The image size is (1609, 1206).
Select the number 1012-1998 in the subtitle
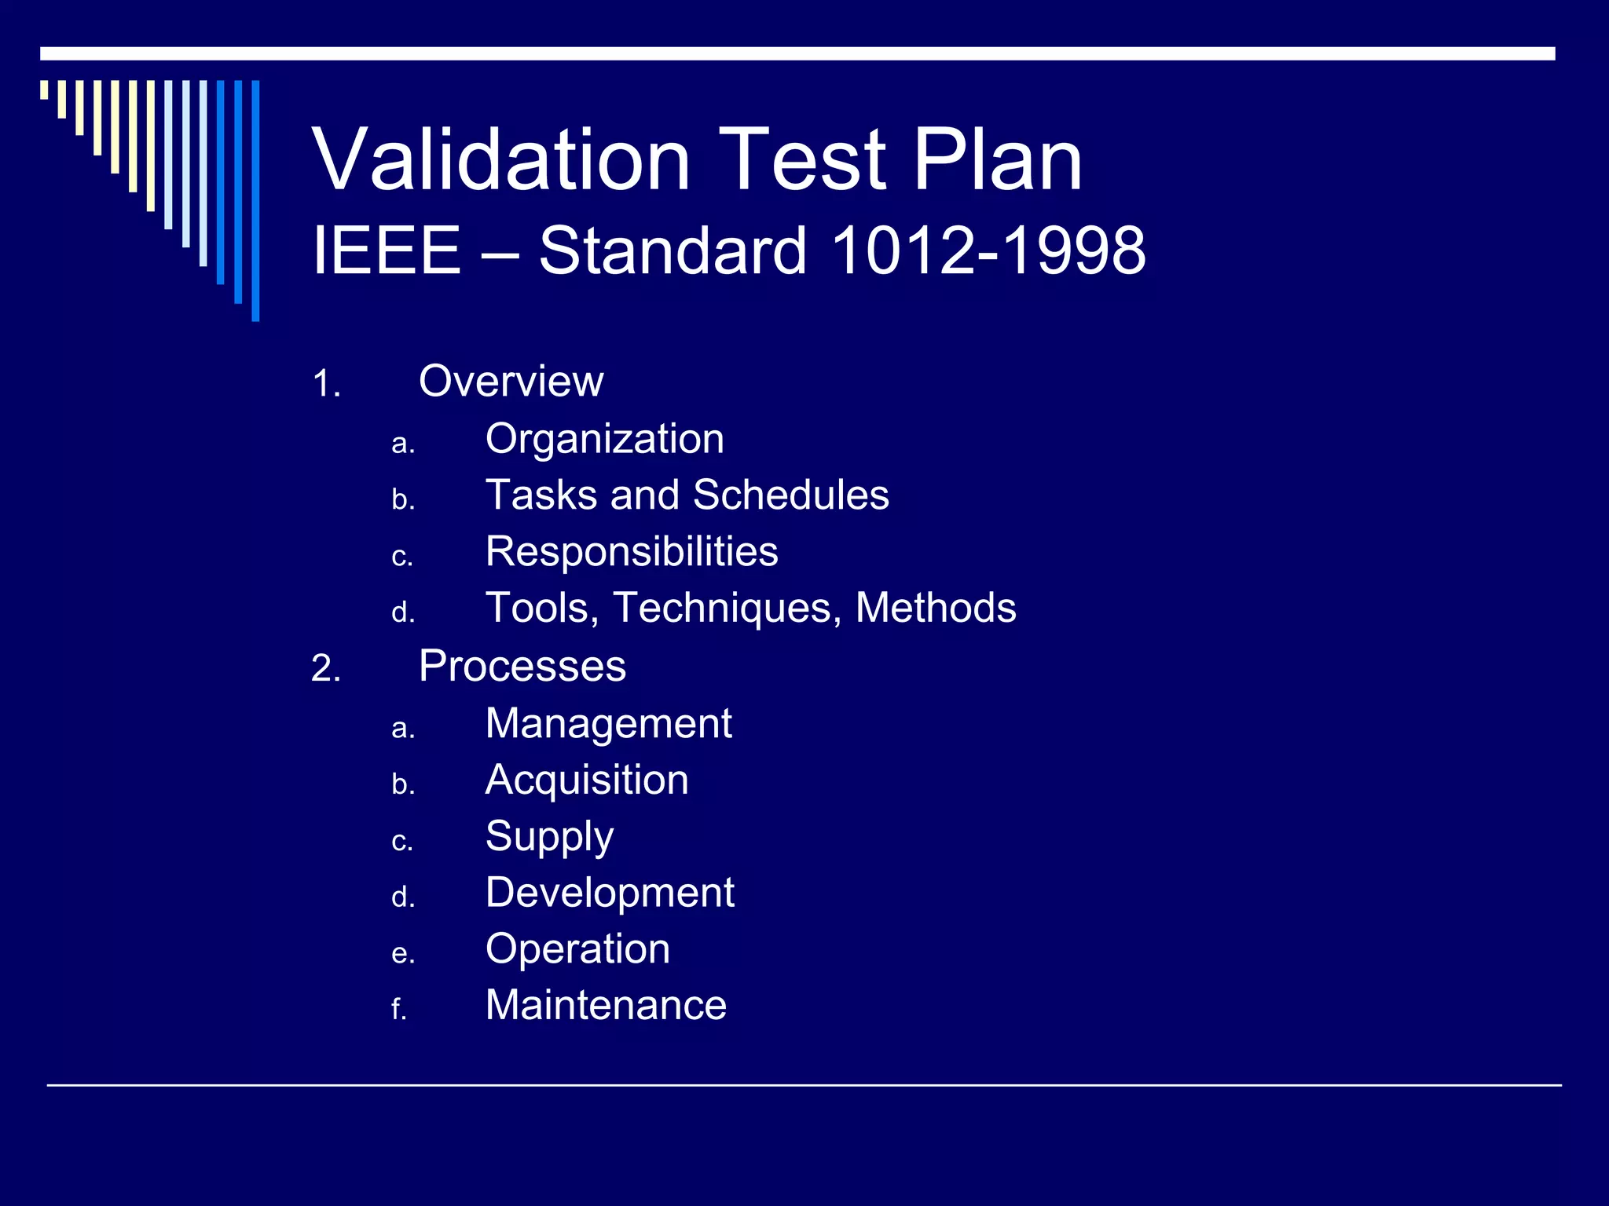[x=988, y=250]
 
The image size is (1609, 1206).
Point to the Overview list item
[x=511, y=382]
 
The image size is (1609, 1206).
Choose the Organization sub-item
[x=604, y=439]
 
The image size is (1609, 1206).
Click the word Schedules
[x=790, y=495]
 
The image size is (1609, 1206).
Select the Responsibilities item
[x=632, y=551]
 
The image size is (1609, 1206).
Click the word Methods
[x=935, y=608]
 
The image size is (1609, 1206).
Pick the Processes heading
[x=522, y=667]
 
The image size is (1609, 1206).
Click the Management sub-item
[x=608, y=723]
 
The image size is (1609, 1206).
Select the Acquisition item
[x=587, y=780]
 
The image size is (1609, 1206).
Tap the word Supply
[x=549, y=837]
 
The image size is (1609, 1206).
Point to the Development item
[x=610, y=893]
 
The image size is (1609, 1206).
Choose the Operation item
[x=577, y=949]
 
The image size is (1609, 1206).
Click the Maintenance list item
[x=606, y=1005]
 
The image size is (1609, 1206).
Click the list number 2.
[x=325, y=669]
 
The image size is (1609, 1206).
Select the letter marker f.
[x=398, y=1010]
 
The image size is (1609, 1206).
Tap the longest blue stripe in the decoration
[x=255, y=200]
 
